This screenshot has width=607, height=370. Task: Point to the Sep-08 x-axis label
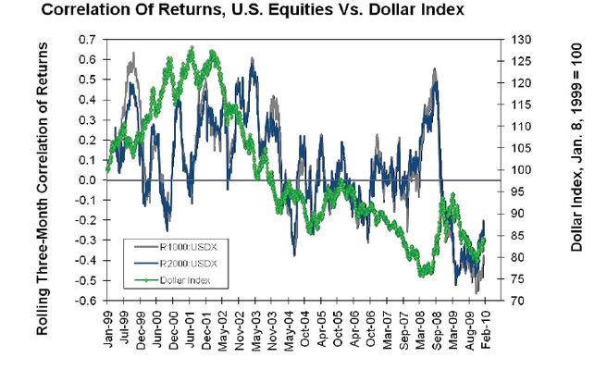coord(434,327)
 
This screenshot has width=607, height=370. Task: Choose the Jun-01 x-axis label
coord(191,327)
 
